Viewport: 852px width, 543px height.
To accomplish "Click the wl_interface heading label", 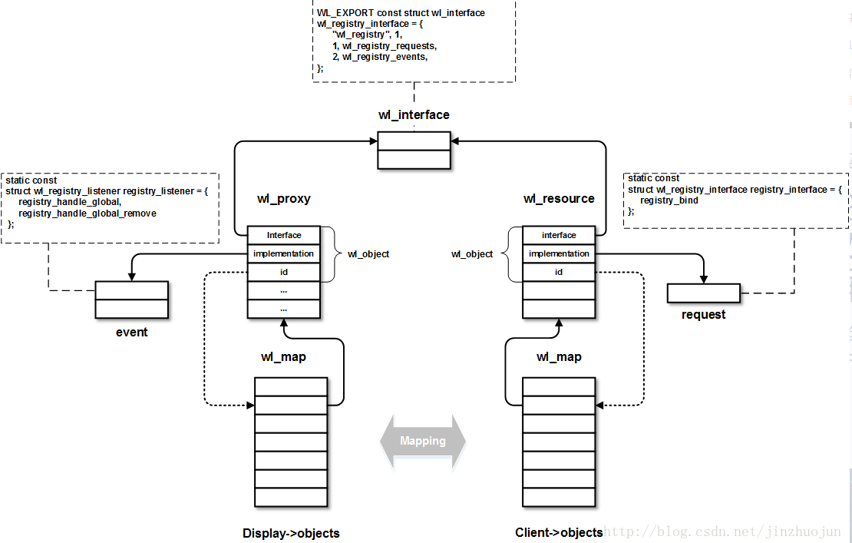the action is [x=414, y=114].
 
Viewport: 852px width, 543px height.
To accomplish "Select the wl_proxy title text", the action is [x=284, y=198].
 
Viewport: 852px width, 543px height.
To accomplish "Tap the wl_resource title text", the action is [x=559, y=198].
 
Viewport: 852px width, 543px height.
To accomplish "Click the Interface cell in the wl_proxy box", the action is [x=284, y=235].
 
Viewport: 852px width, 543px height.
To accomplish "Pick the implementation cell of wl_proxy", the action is [x=284, y=253].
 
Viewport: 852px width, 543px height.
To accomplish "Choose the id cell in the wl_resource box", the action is [x=559, y=272].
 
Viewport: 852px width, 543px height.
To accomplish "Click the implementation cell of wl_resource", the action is [x=559, y=253].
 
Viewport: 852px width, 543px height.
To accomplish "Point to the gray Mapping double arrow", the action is [x=423, y=441].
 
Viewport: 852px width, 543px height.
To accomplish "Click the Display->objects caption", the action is [x=291, y=533].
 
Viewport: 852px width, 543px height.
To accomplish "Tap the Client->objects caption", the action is [x=559, y=533].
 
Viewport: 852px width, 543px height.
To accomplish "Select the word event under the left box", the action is [x=131, y=332].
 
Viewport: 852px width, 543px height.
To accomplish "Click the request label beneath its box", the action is [x=703, y=315].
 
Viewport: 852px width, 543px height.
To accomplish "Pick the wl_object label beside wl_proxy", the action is [x=368, y=253].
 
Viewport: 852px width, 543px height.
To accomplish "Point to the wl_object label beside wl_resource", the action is [x=471, y=253].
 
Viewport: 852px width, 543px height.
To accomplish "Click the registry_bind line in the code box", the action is [x=669, y=200].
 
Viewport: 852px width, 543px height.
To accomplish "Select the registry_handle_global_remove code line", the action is [x=88, y=214].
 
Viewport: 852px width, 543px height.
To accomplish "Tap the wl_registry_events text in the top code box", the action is [x=380, y=57].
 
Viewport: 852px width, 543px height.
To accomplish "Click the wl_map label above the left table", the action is [x=284, y=357].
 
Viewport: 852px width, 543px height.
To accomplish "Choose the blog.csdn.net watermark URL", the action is [x=723, y=531].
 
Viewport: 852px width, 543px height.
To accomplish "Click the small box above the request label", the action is [x=704, y=293].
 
